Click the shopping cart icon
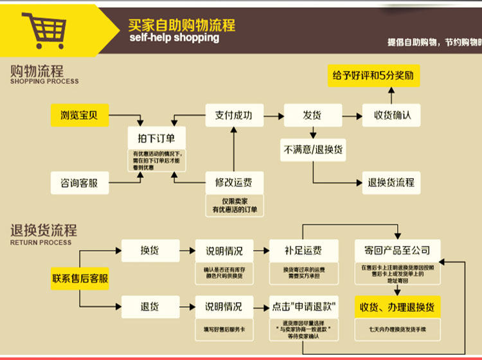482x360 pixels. click(44, 29)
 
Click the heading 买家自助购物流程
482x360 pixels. click(181, 25)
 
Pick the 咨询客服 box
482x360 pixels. click(80, 183)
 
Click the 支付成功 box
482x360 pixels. click(233, 116)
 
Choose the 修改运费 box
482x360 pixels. click(233, 183)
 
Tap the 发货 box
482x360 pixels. click(312, 116)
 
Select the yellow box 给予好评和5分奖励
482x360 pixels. click(373, 75)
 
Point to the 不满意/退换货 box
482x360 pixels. click(312, 150)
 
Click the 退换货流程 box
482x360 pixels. click(391, 183)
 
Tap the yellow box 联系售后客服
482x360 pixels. click(80, 278)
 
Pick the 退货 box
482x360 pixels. click(150, 306)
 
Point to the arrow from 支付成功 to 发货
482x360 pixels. click(272, 116)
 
